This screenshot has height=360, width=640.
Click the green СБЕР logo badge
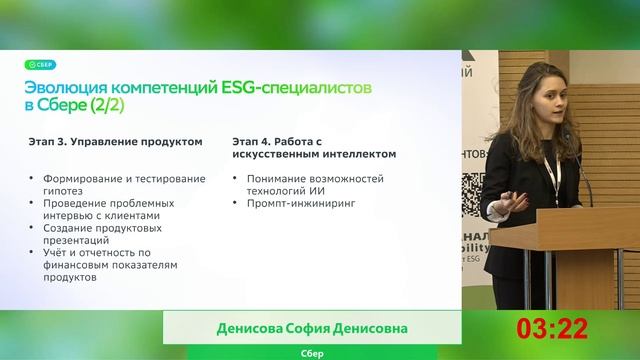[41, 65]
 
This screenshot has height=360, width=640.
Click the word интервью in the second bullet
[54, 214]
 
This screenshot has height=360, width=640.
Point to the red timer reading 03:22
[552, 328]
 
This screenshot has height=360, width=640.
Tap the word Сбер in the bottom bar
[312, 353]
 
